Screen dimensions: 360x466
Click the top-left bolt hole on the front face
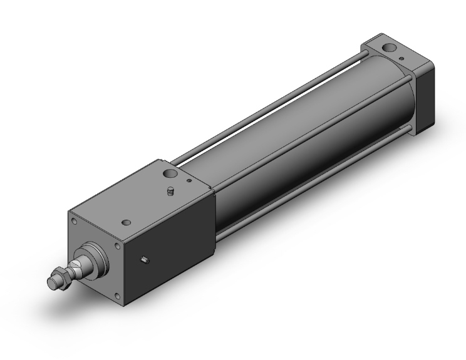(x=75, y=221)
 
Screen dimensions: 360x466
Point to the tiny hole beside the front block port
(x=189, y=182)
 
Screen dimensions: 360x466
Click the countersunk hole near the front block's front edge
(x=128, y=222)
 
